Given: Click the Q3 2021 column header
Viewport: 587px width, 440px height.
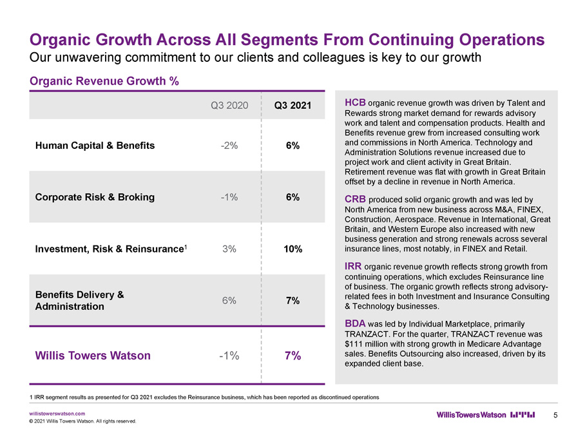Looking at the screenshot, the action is pos(293,106).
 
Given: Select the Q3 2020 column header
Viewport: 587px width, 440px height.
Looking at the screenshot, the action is pos(229,106).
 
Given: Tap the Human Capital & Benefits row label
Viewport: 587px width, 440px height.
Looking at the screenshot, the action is pos(95,146).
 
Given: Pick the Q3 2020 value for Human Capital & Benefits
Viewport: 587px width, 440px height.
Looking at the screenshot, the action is pos(229,146).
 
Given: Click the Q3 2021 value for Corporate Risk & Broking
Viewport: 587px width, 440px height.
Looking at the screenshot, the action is pos(293,197).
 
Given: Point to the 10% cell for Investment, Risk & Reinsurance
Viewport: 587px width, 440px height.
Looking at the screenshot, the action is pos(293,249).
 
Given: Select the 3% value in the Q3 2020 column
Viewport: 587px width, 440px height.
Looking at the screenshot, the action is pos(229,249).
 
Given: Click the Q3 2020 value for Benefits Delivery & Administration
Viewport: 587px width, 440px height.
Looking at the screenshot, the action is pos(229,300).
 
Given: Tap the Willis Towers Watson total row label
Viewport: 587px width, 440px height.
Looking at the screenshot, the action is pos(93,356).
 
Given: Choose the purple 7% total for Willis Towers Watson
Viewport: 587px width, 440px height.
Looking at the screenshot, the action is pos(293,356).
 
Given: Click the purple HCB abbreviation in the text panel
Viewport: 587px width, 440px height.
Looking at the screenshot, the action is pos(355,102).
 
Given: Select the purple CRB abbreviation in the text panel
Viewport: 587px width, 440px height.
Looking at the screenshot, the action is pos(355,199).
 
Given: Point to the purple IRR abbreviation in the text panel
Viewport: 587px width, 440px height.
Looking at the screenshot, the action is pos(353,266).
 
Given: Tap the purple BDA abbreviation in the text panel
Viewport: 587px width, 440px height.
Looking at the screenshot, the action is pos(355,323).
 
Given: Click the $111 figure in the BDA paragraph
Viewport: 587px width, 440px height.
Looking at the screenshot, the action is pos(353,344).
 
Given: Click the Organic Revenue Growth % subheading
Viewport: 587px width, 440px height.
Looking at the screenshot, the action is pos(104,81).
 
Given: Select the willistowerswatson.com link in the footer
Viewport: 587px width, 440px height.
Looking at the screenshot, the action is pos(57,414).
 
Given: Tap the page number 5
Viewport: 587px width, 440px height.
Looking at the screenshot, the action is pos(555,415).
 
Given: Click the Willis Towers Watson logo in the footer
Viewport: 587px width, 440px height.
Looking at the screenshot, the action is pos(486,415).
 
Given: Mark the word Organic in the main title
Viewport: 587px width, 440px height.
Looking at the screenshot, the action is pos(61,40).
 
